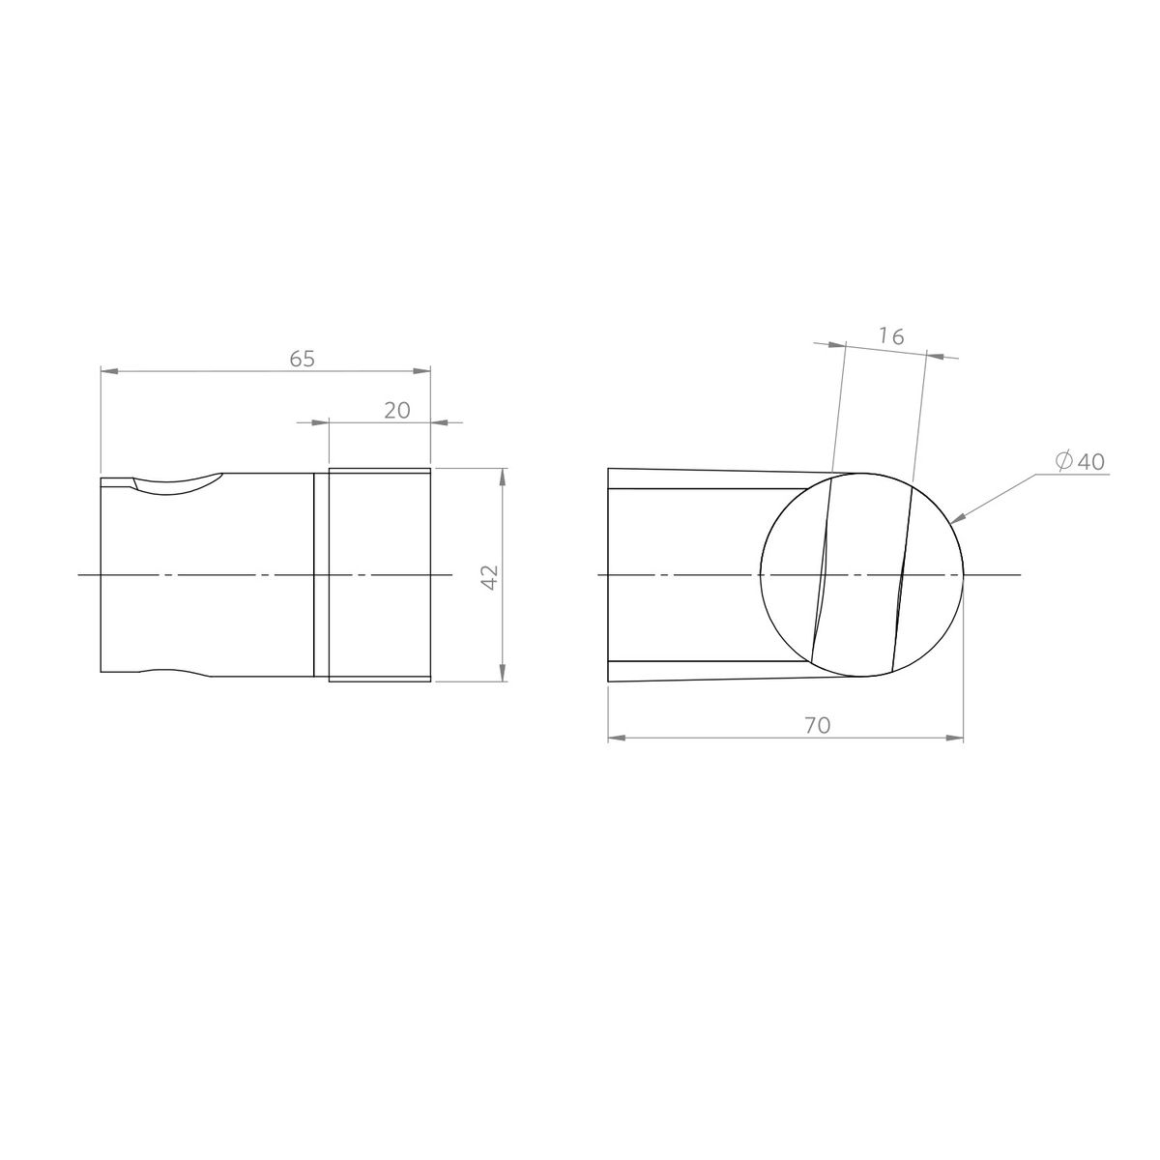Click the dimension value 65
[303, 359]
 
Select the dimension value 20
[397, 410]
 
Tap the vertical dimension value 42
[489, 576]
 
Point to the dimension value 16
[891, 336]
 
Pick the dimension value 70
[817, 725]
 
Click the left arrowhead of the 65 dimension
[108, 370]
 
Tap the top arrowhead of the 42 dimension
[501, 477]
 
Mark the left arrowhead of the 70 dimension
[616, 739]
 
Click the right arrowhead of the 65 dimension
[422, 370]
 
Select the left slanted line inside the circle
[823, 575]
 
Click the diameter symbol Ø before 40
[1062, 462]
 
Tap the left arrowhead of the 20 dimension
[321, 422]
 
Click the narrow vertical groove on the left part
[314, 575]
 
